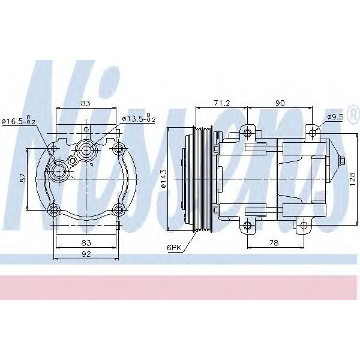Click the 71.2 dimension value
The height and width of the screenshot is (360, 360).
point(222,103)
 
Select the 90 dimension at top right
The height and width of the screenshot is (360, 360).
point(279,103)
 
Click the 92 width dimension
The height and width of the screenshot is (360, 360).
point(86,254)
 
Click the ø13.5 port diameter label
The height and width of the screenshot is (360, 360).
point(139,118)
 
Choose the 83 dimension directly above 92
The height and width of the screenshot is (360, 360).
point(86,242)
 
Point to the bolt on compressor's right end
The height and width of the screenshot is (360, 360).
point(341,161)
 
